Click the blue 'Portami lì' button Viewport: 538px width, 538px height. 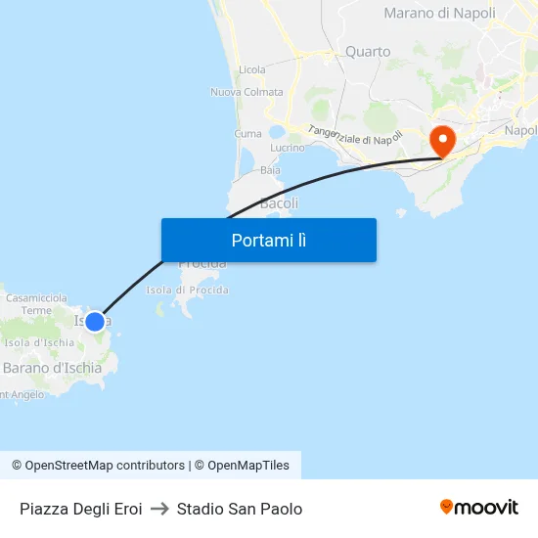(x=268, y=240)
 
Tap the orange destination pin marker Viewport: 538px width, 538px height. (x=443, y=140)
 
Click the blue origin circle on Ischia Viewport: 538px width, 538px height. (x=95, y=321)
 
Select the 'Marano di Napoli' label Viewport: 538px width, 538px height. (x=439, y=14)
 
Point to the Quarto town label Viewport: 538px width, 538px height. (x=368, y=52)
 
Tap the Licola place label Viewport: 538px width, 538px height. (x=251, y=70)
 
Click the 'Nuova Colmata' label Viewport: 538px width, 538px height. (x=247, y=93)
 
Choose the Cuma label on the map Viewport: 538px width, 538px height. (x=247, y=133)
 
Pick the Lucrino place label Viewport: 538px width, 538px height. (x=288, y=148)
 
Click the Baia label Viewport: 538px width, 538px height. (x=270, y=170)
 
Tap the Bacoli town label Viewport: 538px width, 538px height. (x=279, y=203)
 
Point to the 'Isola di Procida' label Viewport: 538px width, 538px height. (x=188, y=291)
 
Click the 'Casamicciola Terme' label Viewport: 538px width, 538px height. (x=36, y=303)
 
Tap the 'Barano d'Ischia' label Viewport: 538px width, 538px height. (x=52, y=368)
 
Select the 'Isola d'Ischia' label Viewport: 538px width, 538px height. (x=39, y=342)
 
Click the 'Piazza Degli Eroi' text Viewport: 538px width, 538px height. (x=80, y=509)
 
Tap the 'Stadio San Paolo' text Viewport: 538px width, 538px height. (x=240, y=509)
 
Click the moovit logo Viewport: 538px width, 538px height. (x=479, y=507)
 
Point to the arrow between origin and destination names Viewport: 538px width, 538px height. (x=159, y=509)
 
